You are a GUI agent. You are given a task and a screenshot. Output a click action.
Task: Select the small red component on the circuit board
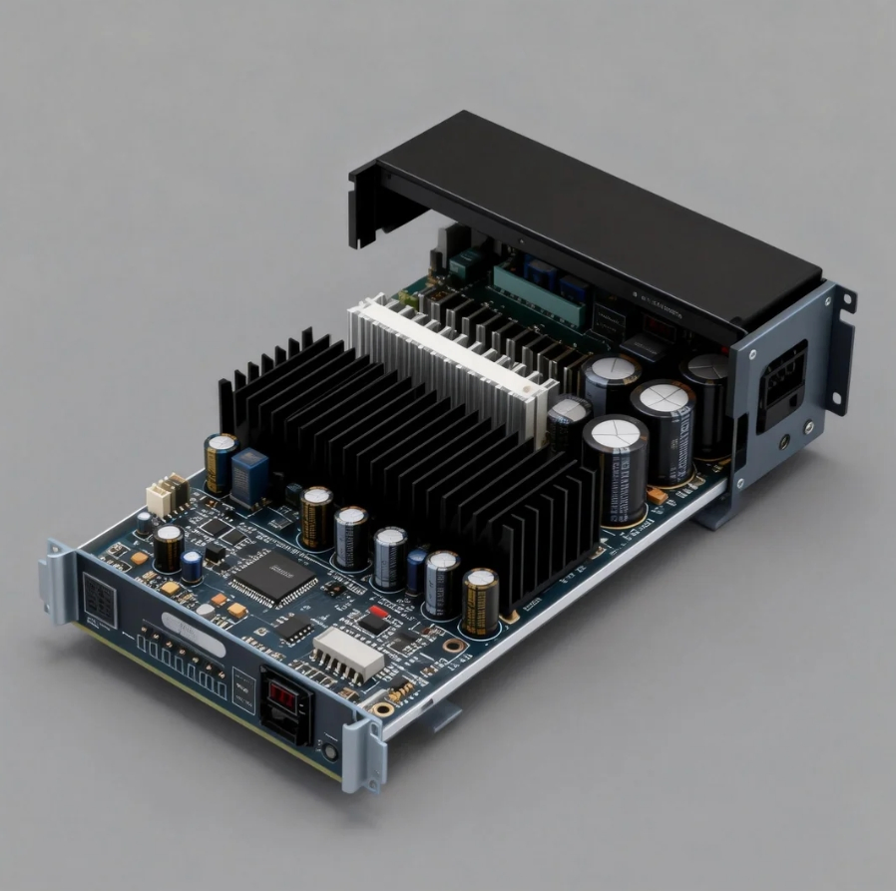(377, 611)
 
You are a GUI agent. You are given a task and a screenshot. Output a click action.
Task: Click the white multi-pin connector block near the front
(348, 653)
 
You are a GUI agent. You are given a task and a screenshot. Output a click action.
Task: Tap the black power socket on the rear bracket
(781, 385)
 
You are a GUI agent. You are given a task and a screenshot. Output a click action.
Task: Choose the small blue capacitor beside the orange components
(191, 566)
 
